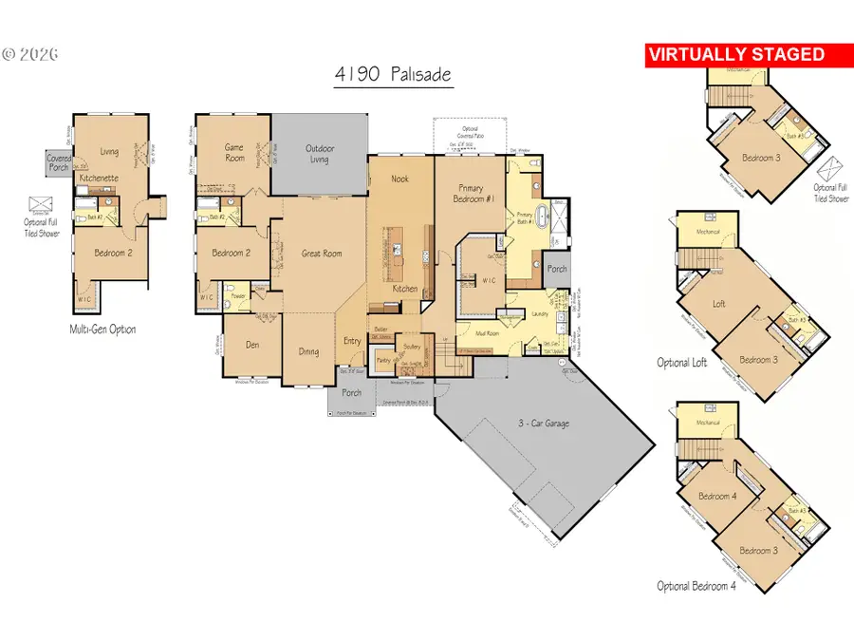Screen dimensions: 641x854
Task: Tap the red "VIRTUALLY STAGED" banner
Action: click(x=735, y=55)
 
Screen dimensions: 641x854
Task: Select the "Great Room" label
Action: click(x=321, y=254)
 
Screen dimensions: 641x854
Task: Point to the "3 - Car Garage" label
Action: click(x=543, y=423)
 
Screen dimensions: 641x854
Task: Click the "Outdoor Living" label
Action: click(x=319, y=154)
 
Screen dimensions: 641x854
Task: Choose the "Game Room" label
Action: click(x=234, y=152)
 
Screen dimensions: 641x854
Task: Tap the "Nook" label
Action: click(x=399, y=179)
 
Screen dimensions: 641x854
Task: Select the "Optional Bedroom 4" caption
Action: click(x=696, y=586)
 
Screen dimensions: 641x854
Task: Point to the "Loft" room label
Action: click(x=718, y=305)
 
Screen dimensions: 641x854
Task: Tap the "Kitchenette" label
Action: click(x=98, y=178)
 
